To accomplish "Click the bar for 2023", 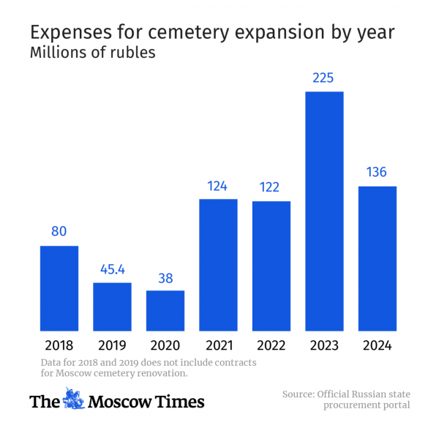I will coord(324,211).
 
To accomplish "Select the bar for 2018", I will coord(59,288).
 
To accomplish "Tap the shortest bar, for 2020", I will coord(165,310).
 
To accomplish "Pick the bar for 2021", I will coord(218,264).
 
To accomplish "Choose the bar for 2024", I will coord(377,258).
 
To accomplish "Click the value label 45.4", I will coord(112,269).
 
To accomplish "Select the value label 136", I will coord(377,173).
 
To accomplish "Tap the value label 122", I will coord(271,187).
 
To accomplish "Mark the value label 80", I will coord(59,232).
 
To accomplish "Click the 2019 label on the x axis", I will coord(112,345).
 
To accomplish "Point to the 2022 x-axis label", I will coord(271,345).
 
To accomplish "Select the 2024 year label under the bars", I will coord(377,345).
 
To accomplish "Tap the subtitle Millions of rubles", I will coord(92,53).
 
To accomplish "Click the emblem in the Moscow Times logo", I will coord(72,400).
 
